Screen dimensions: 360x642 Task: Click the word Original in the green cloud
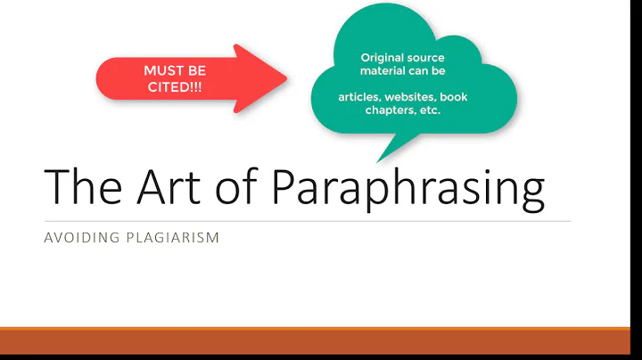(376, 58)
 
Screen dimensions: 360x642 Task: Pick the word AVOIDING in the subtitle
(79, 238)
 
